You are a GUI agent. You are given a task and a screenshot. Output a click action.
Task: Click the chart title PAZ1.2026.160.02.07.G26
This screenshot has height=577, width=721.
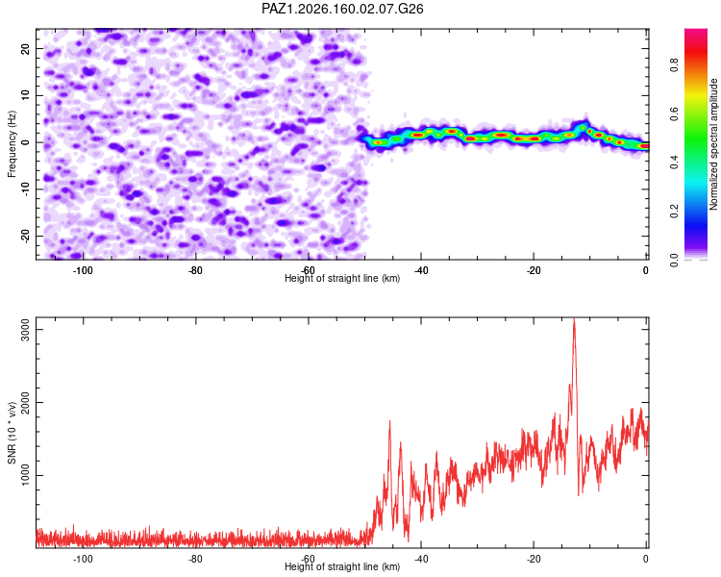click(342, 9)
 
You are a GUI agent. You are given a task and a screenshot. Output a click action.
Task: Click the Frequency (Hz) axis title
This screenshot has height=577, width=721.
click(12, 144)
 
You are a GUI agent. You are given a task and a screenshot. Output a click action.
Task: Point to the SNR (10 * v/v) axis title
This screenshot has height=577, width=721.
click(12, 433)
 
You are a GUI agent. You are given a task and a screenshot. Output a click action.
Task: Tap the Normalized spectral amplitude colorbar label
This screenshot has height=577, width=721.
click(713, 144)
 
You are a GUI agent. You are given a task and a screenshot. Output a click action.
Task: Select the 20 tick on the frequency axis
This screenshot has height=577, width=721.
click(26, 48)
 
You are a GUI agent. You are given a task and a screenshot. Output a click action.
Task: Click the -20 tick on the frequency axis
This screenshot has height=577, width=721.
click(26, 236)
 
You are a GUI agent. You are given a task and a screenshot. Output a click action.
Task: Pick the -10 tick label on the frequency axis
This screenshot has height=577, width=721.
click(26, 188)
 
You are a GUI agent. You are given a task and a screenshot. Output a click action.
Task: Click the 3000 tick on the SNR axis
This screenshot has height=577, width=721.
click(26, 330)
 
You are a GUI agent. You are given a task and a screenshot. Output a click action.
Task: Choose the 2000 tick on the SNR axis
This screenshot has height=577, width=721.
click(26, 402)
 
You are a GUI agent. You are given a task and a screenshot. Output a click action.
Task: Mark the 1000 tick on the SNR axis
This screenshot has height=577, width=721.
click(26, 475)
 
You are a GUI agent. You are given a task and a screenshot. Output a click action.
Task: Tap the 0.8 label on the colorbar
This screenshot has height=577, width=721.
click(674, 64)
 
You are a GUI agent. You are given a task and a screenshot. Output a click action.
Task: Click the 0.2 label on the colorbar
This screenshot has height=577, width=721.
click(674, 211)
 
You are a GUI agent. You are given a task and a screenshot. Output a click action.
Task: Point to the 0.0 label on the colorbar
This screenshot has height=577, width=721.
click(674, 260)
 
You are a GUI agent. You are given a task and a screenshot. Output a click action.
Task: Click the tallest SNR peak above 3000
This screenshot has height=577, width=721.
click(574, 319)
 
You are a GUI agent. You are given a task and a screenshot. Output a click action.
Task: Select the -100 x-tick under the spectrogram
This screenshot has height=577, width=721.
click(83, 270)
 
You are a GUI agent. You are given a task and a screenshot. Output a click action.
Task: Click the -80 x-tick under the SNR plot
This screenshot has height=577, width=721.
click(195, 559)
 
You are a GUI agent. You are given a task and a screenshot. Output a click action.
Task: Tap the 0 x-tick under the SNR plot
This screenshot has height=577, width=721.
click(646, 559)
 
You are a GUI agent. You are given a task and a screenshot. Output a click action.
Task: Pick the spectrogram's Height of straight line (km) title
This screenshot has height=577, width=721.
click(342, 278)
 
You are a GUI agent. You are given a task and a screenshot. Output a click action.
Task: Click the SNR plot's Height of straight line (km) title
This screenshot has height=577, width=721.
click(342, 566)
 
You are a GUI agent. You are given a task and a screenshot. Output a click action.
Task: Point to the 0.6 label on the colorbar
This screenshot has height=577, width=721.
click(674, 113)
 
